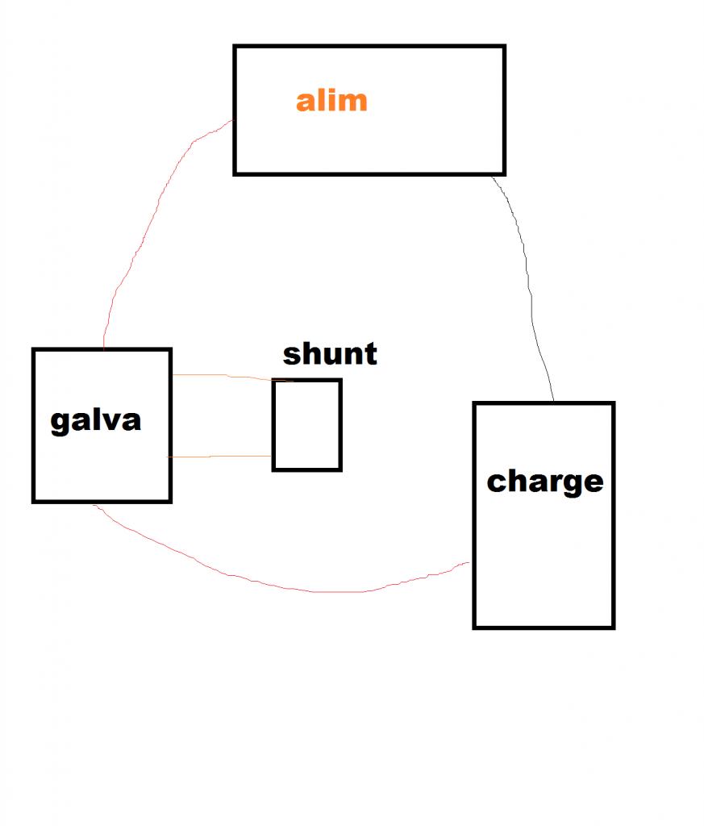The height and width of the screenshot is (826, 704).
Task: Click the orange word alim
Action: [x=331, y=101]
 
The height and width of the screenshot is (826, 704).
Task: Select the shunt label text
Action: [x=330, y=354]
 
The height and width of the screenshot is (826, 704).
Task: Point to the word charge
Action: [x=544, y=481]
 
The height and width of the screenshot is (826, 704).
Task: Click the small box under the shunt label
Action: [x=306, y=424]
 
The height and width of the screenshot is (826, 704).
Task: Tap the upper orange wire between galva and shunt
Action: [x=226, y=377]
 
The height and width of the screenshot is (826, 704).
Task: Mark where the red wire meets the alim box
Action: [x=234, y=121]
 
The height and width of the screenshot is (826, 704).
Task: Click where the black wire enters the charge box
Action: [x=553, y=402]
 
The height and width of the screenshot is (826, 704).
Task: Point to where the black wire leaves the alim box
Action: [x=493, y=175]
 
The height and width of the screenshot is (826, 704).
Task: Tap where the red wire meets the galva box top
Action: [x=104, y=348]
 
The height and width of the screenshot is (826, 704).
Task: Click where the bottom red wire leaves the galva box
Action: [x=94, y=503]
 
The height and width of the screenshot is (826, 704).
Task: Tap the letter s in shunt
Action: [x=292, y=355]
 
